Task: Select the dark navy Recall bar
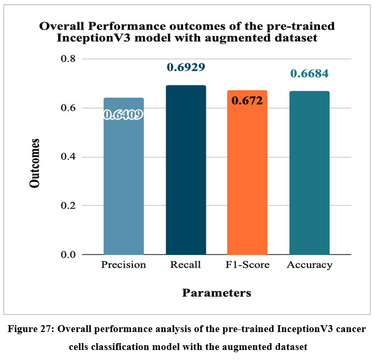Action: (x=186, y=174)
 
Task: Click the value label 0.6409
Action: (x=123, y=114)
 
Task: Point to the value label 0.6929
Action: (x=186, y=68)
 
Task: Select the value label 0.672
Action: (x=247, y=101)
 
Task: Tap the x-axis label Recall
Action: (x=186, y=265)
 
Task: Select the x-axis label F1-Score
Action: (x=247, y=265)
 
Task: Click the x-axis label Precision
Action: (x=123, y=265)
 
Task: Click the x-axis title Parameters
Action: (x=216, y=292)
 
